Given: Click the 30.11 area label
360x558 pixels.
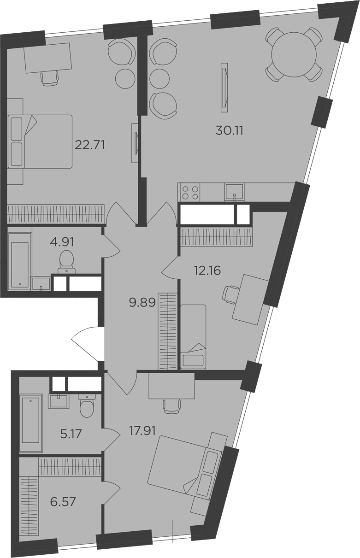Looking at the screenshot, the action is coord(229,130).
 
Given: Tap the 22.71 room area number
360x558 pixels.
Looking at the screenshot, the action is coord(90,145).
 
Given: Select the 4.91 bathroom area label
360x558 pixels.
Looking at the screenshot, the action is coord(62,242).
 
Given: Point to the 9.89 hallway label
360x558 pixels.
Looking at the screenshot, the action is coord(142,302).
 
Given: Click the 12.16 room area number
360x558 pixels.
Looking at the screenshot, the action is coord(207,270).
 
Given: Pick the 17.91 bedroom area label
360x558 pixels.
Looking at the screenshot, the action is coord(142,431).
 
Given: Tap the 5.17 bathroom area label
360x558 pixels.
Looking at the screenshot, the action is coord(71,434).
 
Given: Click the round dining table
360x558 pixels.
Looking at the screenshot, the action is coord(294,54).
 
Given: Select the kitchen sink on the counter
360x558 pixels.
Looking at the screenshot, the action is coord(234,192).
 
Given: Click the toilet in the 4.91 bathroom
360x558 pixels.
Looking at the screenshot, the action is coord(66,262).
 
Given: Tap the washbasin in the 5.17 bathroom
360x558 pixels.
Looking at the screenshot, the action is coord(59,401).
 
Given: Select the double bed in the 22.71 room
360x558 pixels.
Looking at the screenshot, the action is coord(40,141).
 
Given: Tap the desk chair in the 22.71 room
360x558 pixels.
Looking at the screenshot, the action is coord(50,78).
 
